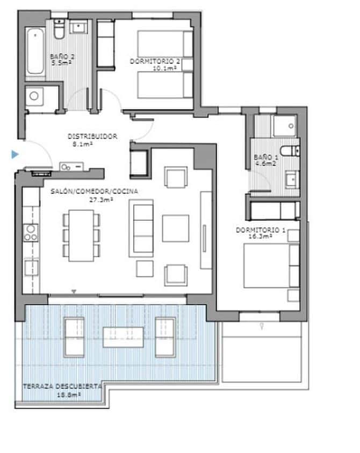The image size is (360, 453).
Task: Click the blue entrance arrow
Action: pos(16,155)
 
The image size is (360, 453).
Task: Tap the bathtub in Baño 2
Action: pos(35,51)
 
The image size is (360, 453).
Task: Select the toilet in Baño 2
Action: pos(59,28)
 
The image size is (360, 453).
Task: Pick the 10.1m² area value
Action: pos(165,68)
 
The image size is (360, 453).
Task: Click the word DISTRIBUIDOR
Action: pos(92,136)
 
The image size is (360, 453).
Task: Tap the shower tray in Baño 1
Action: pos(284,125)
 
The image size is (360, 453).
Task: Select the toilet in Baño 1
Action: pos(292,150)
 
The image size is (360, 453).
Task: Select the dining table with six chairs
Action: pos(81,235)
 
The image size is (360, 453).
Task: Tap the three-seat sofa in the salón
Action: pos(141,228)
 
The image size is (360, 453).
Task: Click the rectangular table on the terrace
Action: pos(123,337)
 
